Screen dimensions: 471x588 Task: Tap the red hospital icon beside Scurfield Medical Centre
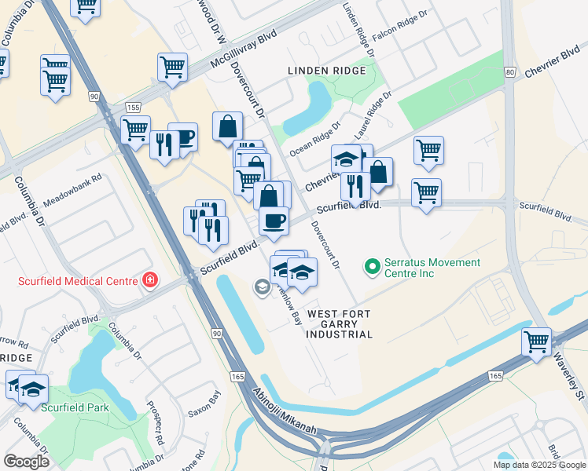click(149, 280)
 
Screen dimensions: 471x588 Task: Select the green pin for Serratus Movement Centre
click(373, 267)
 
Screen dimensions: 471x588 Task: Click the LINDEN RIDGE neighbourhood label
click(327, 71)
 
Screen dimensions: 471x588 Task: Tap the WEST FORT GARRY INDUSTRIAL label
click(340, 323)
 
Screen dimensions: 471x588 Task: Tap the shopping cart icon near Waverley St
click(537, 342)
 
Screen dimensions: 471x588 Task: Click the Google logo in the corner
click(26, 462)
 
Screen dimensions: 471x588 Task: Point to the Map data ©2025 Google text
click(538, 465)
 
